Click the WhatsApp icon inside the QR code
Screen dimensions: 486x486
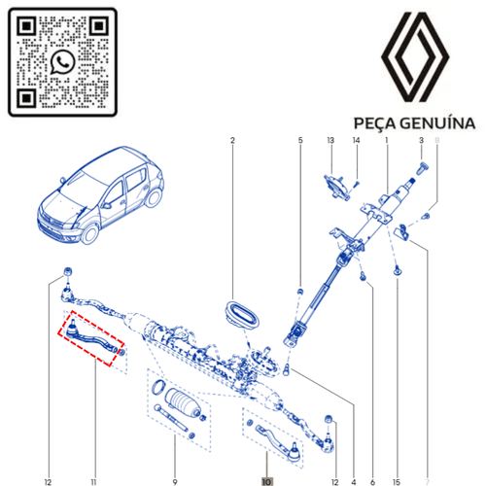(x=63, y=62)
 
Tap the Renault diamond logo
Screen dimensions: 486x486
(x=415, y=56)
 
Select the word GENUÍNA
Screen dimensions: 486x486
(x=437, y=122)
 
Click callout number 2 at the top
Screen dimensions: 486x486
(x=232, y=140)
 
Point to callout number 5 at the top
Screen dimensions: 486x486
(x=300, y=140)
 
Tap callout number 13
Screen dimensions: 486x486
(x=330, y=140)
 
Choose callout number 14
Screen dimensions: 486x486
(x=356, y=140)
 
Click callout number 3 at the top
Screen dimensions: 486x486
(x=421, y=140)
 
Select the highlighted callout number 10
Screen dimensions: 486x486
(x=266, y=482)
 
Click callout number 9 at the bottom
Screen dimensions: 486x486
(x=175, y=482)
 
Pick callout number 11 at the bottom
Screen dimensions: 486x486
(x=93, y=482)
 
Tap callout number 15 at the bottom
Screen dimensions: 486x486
(x=397, y=482)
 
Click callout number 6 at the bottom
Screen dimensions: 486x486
(x=372, y=482)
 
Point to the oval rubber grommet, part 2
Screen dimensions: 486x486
(x=242, y=314)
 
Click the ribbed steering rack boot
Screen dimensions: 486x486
(x=183, y=402)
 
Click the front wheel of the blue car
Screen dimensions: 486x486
(x=90, y=234)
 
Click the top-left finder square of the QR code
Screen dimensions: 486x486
(x=26, y=25)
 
